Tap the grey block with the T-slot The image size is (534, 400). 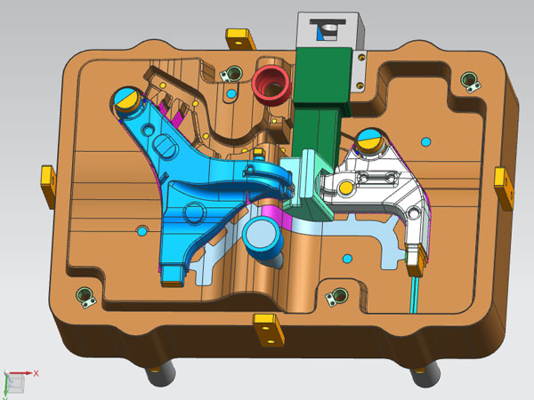click(331, 30)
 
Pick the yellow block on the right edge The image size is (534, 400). click(504, 188)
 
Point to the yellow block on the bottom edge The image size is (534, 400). click(269, 329)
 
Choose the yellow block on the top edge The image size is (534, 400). click(240, 39)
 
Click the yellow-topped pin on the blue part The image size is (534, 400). click(127, 99)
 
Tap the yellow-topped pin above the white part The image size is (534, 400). click(370, 140)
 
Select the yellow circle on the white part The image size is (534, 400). click(345, 187)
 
